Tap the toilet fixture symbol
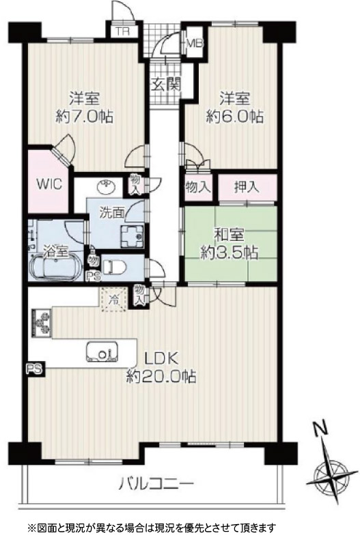[x=114, y=268]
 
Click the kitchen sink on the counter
[x=102, y=352]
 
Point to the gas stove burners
[x=42, y=323]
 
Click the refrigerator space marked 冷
[x=113, y=299]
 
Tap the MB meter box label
[x=195, y=44]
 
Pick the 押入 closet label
[x=247, y=187]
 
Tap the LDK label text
[x=162, y=358]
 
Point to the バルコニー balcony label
[x=156, y=484]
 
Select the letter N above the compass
[x=320, y=429]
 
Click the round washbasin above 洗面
[x=107, y=187]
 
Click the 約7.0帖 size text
[x=85, y=116]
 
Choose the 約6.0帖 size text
[x=234, y=116]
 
